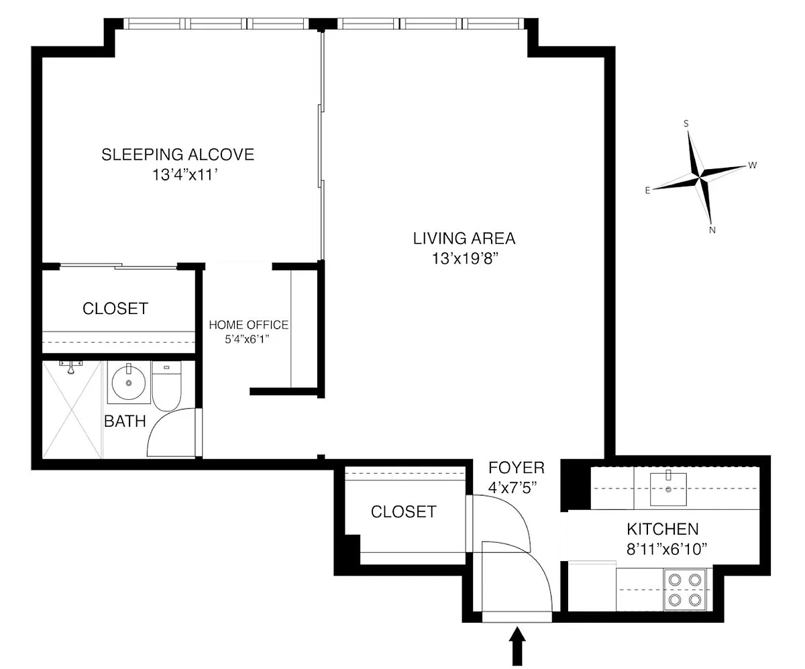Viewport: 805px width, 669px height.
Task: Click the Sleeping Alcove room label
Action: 178,154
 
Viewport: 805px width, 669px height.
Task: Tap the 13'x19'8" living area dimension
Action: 465,258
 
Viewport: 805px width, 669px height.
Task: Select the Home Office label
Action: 249,325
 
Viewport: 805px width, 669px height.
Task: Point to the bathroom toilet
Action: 166,386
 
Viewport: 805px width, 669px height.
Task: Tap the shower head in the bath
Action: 70,367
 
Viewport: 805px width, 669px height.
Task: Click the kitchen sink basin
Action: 668,489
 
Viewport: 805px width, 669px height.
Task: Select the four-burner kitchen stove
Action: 685,590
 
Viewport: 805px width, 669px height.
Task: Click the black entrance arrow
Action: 517,648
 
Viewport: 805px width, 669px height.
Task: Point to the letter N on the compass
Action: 712,230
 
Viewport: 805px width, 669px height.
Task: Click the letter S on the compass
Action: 686,123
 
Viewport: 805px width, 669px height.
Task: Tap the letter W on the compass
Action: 752,166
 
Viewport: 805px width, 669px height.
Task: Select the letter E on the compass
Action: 648,190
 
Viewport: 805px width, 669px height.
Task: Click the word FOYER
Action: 517,468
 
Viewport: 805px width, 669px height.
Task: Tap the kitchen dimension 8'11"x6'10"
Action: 667,549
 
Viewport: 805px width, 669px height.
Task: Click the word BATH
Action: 125,421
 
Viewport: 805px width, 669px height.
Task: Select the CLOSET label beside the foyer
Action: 404,512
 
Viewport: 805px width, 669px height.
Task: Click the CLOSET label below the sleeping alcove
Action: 115,309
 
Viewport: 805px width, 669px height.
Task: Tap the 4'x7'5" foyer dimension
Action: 513,488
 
